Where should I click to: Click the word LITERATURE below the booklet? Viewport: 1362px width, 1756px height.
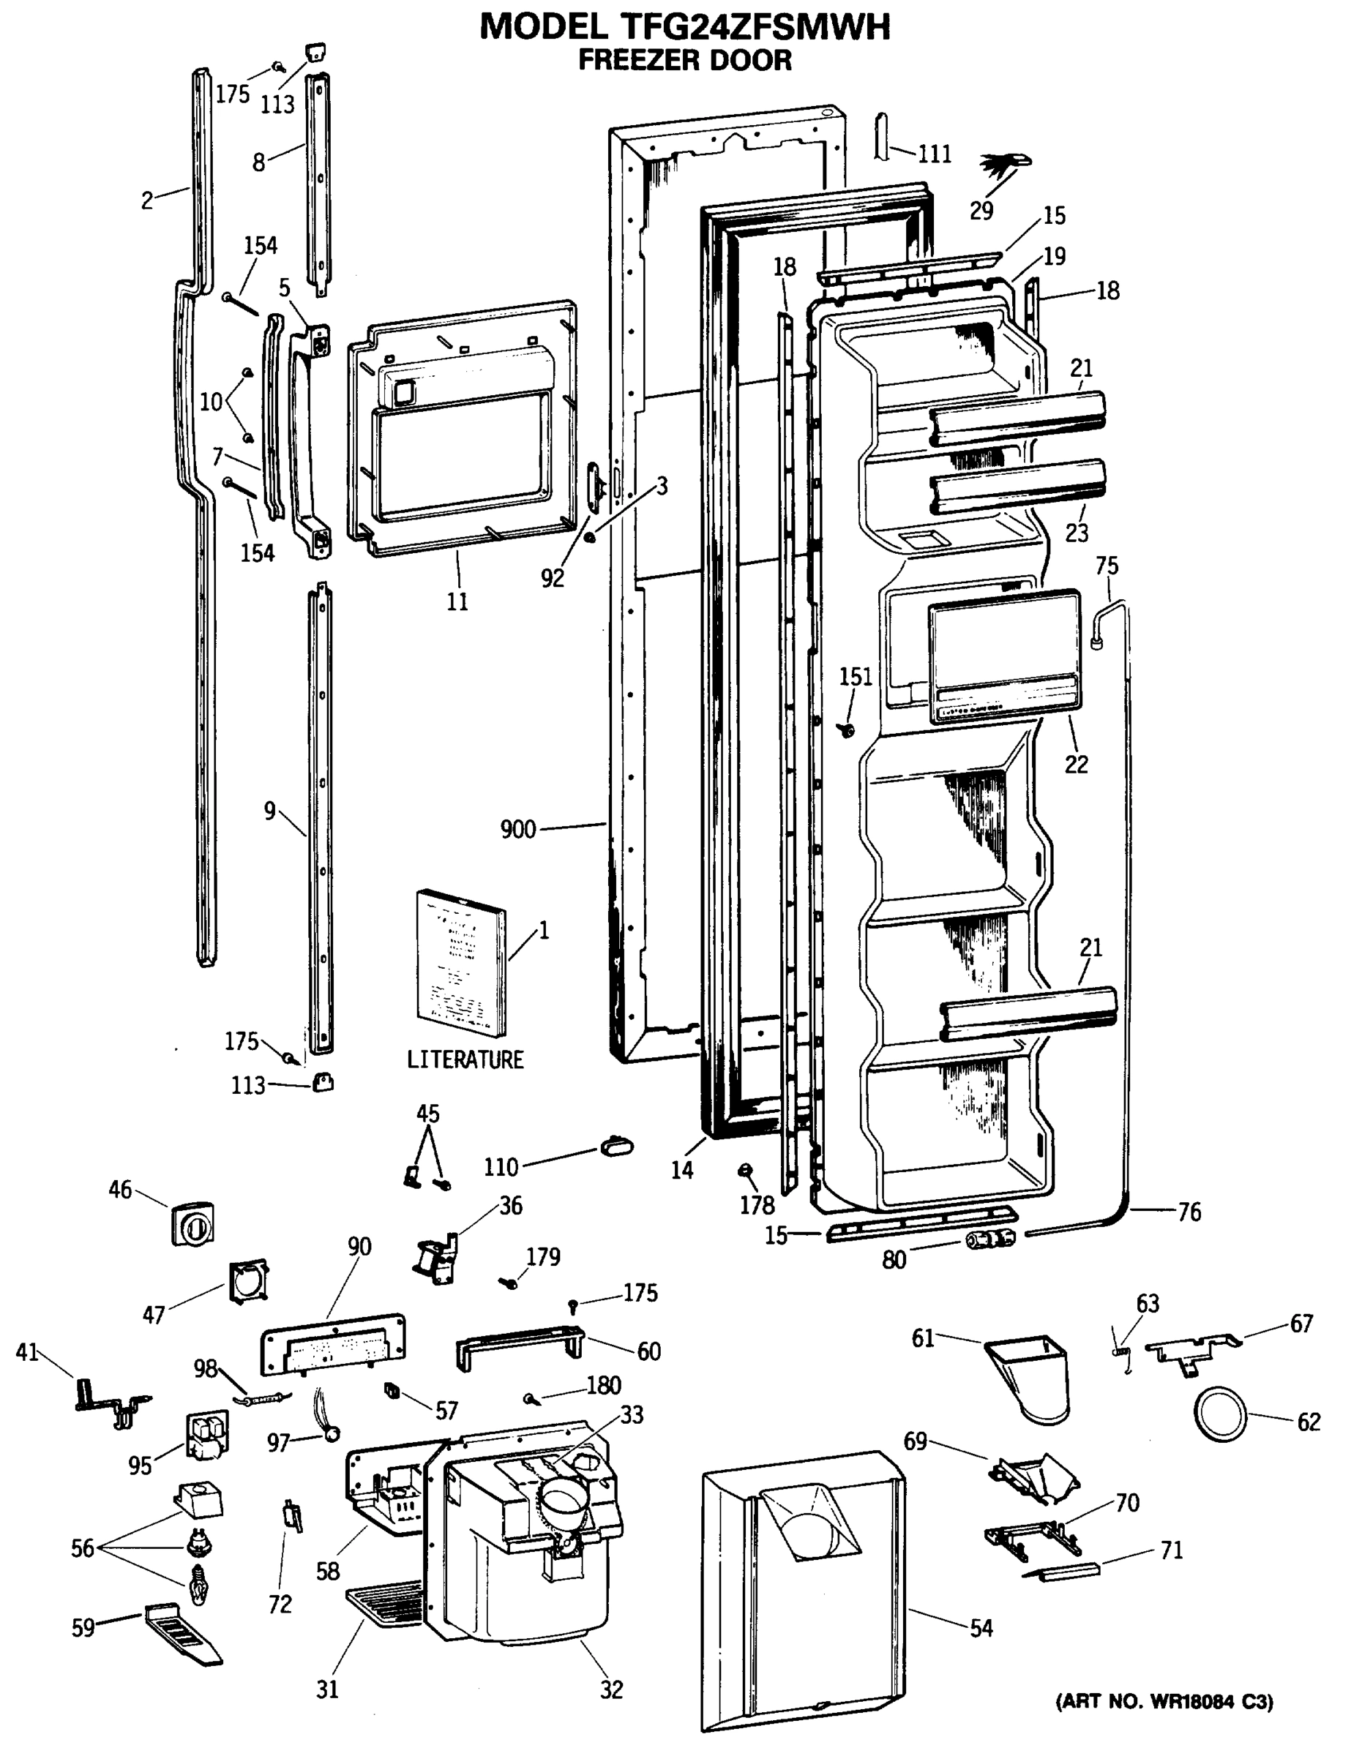465,1059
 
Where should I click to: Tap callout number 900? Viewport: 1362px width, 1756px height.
517,829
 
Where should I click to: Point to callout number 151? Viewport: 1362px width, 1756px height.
856,677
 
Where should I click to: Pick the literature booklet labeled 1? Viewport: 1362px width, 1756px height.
460,963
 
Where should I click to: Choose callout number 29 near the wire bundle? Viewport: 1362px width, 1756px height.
981,211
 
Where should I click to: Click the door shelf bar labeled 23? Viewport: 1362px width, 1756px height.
1017,488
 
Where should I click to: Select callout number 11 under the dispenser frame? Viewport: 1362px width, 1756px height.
457,601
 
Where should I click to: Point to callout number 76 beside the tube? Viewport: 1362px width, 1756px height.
1189,1212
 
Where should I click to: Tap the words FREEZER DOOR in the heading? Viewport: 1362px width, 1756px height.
684,60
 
